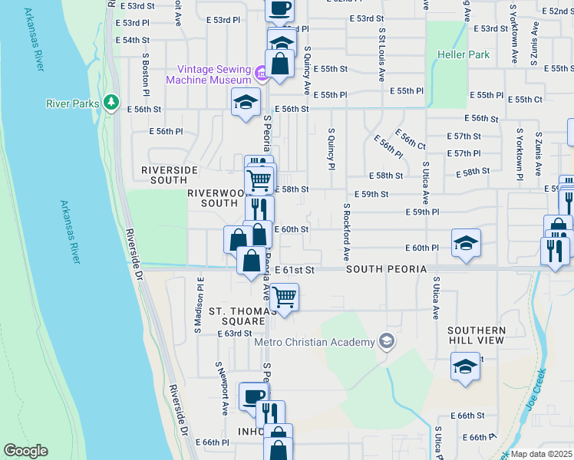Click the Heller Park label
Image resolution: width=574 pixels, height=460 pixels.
click(x=463, y=55)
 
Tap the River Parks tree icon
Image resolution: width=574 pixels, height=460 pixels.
click(x=112, y=101)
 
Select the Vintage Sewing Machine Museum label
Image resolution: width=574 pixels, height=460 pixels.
click(x=209, y=74)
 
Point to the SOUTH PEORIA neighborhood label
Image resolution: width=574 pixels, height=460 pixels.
click(x=385, y=270)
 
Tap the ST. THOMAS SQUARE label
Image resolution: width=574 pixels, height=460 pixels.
click(x=238, y=317)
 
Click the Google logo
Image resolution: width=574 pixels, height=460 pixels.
click(x=25, y=451)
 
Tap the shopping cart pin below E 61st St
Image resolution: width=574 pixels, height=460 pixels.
click(x=285, y=296)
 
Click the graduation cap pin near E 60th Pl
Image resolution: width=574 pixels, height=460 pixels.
click(x=466, y=243)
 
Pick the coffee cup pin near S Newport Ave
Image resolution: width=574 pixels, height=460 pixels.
click(x=253, y=396)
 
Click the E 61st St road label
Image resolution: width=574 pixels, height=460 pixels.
click(x=299, y=270)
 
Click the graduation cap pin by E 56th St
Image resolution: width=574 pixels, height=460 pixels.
click(x=245, y=102)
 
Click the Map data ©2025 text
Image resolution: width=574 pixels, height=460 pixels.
click(x=541, y=454)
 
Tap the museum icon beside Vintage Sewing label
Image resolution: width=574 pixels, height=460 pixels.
click(x=261, y=74)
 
